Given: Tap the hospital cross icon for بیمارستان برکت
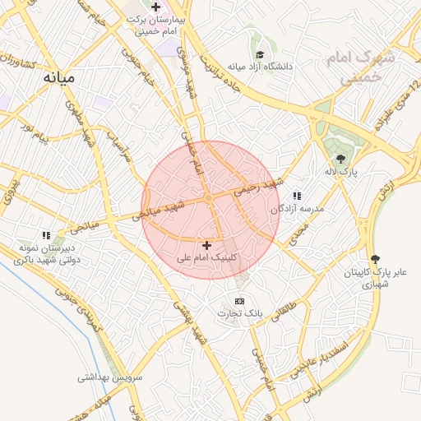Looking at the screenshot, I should pyautogui.click(x=155, y=7).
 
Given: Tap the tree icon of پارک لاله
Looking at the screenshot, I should pyautogui.click(x=340, y=158).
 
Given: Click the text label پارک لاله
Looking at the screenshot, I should pyautogui.click(x=341, y=173).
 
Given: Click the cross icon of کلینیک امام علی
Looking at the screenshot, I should pyautogui.click(x=206, y=244).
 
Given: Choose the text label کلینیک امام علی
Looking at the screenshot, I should pyautogui.click(x=206, y=257).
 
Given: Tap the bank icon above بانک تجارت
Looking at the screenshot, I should pyautogui.click(x=239, y=301).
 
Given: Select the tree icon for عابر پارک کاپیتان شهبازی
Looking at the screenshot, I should pyautogui.click(x=376, y=259).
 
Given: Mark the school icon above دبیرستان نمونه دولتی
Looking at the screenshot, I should pyautogui.click(x=47, y=235).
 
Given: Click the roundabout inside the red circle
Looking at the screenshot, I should pyautogui.click(x=210, y=198).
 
